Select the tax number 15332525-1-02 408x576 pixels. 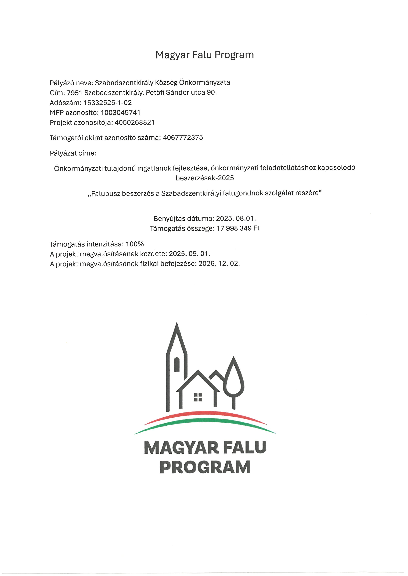tap(108, 103)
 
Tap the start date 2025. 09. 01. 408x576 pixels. tap(189, 254)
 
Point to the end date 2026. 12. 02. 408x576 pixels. tap(219, 264)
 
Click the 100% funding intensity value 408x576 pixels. tap(135, 244)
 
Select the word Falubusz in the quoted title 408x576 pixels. tap(105, 194)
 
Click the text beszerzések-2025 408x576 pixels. tap(204, 178)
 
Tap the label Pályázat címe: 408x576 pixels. tap(73, 153)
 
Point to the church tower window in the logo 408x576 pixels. tap(177, 364)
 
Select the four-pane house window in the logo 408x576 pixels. tap(198, 397)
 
